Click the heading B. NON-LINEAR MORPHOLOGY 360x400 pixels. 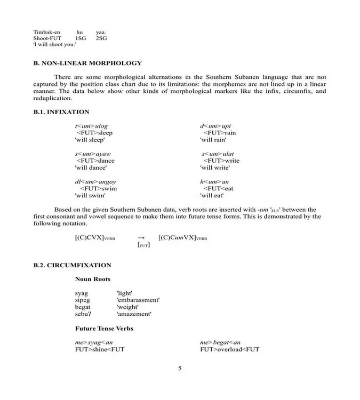[x=87, y=63]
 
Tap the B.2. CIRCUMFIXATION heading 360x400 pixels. [x=72, y=265]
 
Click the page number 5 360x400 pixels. [x=180, y=368]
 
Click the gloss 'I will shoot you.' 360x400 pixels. [x=54, y=44]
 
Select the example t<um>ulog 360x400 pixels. [x=91, y=126]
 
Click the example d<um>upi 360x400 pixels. [x=215, y=126]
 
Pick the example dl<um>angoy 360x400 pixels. [x=95, y=182]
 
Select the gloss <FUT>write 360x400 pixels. [x=221, y=161]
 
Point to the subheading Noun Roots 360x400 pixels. [x=93, y=279]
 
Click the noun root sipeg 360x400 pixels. [x=83, y=300]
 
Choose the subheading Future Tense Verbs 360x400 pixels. [x=104, y=329]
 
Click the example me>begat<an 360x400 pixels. [x=220, y=342]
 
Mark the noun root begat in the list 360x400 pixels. [x=83, y=307]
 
